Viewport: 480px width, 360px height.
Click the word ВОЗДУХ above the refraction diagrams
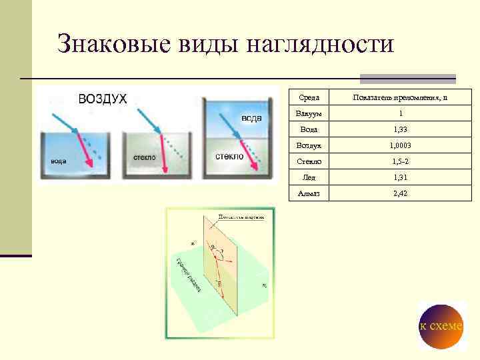[102, 99]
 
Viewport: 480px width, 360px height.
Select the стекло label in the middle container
[145, 157]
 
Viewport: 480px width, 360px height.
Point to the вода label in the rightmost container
[251, 118]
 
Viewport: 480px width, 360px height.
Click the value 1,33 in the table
[399, 129]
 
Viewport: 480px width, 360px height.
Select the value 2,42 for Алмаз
[399, 193]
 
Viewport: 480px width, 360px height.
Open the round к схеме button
[441, 326]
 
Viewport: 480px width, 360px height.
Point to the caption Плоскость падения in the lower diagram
[241, 217]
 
